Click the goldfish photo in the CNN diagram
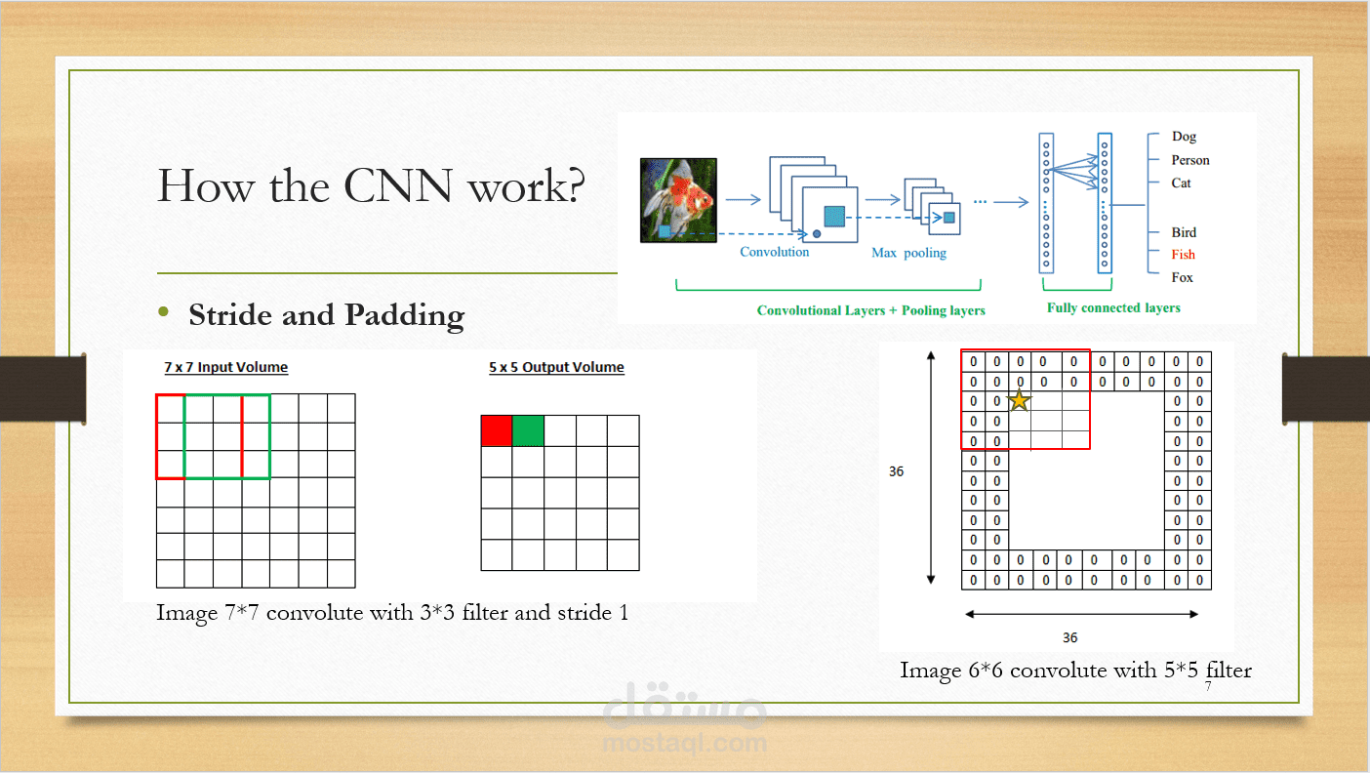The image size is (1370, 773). point(679,199)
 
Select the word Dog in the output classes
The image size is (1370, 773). point(1184,137)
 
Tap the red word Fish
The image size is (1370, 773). point(1183,255)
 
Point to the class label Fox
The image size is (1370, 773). point(1183,278)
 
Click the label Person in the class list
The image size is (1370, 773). point(1190,160)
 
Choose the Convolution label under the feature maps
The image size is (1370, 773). point(775,252)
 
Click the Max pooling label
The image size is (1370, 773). point(908,253)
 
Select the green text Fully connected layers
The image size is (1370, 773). point(1113,308)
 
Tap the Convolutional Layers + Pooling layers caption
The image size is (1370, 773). point(870,310)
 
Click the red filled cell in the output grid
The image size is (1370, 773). point(497,430)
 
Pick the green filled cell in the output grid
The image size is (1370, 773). point(528,430)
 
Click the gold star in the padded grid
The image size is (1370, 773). point(1019,400)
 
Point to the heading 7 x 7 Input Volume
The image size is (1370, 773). point(226,368)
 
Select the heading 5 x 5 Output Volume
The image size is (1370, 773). point(556,368)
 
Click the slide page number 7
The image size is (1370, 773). point(1208,687)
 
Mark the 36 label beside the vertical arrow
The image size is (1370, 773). point(897,471)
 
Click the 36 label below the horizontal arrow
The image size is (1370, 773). point(1070,637)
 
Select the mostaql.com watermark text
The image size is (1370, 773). point(684,743)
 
